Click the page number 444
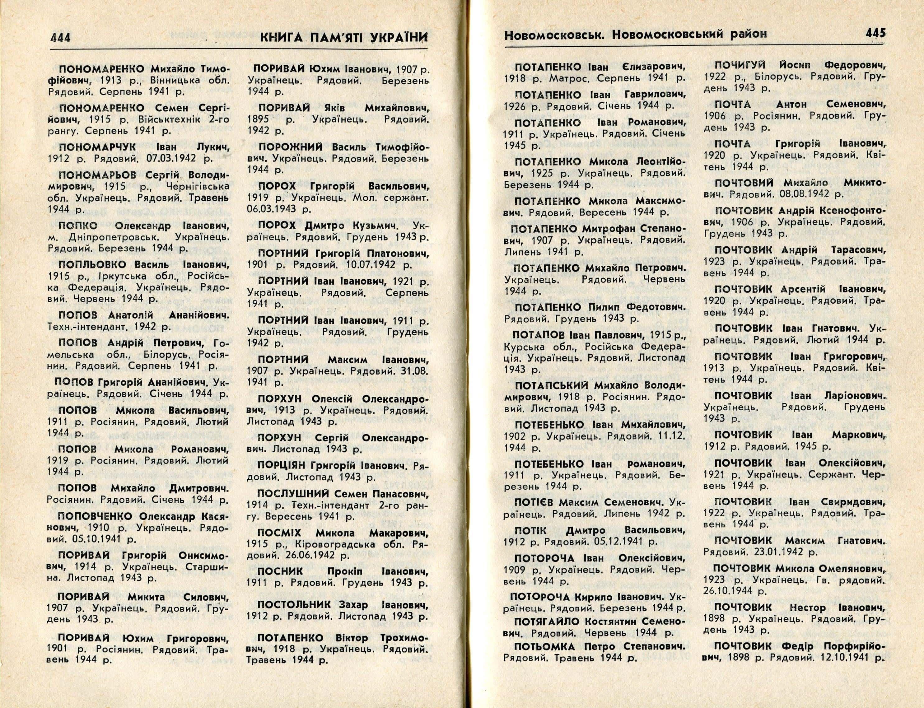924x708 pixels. tap(60, 38)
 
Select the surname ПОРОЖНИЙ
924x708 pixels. tap(291, 147)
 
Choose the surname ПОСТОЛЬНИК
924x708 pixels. tap(295, 605)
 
